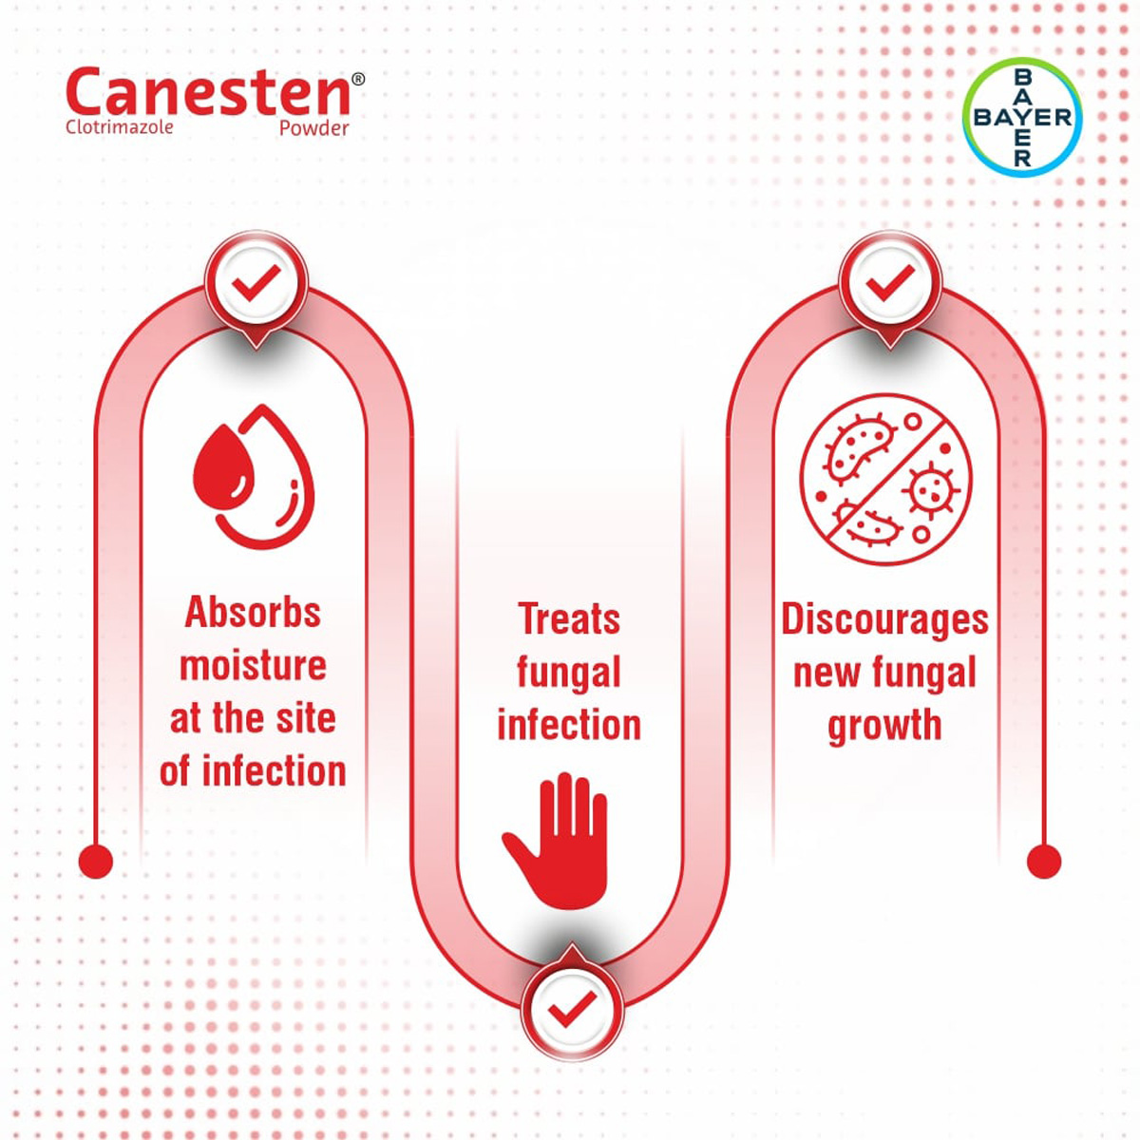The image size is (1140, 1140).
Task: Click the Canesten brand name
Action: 208,93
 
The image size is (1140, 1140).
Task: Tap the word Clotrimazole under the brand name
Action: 120,126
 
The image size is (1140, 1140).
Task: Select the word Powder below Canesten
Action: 313,128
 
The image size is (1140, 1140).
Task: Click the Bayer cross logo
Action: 1022,118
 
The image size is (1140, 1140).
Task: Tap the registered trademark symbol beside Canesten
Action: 358,80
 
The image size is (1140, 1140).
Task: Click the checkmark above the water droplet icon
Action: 256,282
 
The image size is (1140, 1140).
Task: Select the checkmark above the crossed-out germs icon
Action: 890,282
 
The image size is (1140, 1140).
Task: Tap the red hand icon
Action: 557,840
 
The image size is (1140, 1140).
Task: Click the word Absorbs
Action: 253,613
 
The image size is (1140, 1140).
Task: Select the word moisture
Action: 253,665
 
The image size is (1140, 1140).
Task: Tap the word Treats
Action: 569,619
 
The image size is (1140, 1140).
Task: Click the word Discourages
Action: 884,619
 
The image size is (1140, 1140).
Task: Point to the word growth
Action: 884,726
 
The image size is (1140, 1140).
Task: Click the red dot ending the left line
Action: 96,862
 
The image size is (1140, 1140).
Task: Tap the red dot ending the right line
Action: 1044,862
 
